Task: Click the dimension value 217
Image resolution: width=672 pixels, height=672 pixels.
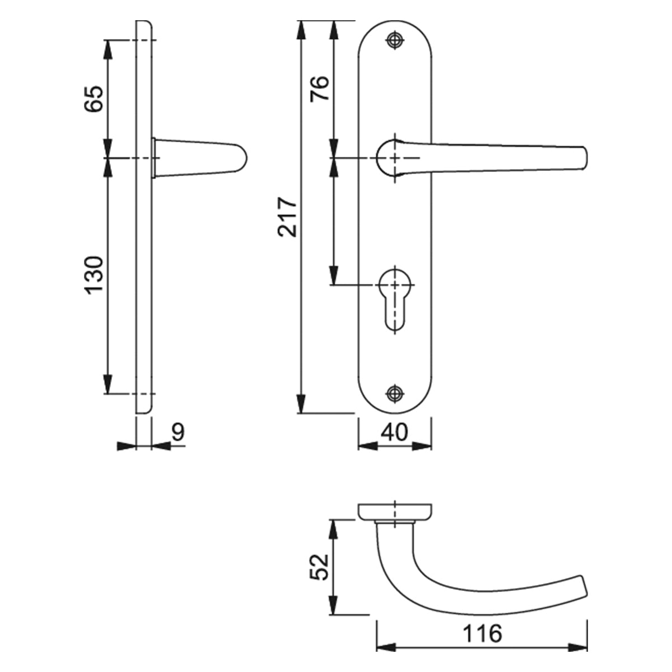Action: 288,217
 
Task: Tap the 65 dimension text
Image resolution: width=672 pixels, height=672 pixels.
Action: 94,99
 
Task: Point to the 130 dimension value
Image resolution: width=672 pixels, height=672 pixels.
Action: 94,274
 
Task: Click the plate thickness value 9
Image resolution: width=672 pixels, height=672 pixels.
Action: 178,432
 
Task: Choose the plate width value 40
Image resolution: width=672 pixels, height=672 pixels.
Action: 395,432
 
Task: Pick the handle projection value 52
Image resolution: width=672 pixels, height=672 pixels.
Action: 319,568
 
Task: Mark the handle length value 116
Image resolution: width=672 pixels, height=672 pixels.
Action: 482,634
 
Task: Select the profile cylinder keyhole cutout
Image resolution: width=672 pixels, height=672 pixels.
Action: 395,297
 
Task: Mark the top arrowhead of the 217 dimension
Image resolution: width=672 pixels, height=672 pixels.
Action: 301,30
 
